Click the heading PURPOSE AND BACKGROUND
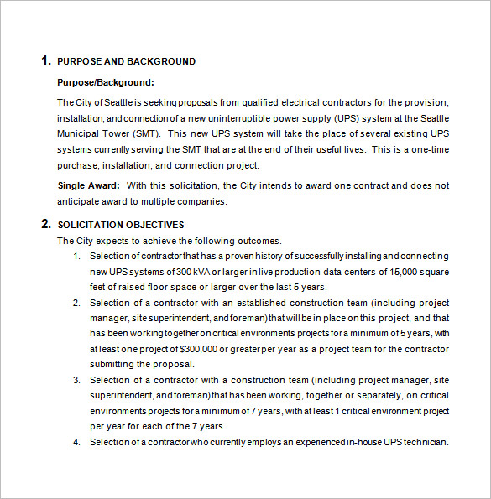(x=126, y=61)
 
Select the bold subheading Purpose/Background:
(x=106, y=82)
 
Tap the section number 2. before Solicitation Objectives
(x=45, y=224)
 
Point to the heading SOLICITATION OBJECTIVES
(x=120, y=225)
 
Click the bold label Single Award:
(x=89, y=185)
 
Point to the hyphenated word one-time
(x=431, y=149)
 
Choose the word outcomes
(x=258, y=241)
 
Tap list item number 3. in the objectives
(x=77, y=381)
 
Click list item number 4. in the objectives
(x=77, y=442)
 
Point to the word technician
(x=424, y=442)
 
